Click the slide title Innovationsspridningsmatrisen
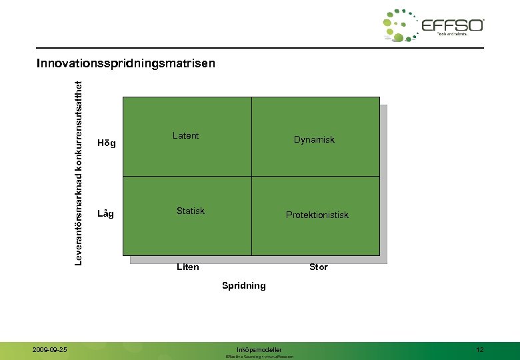[126, 64]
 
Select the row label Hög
[106, 143]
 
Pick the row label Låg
[105, 214]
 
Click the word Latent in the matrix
[185, 135]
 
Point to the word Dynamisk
[314, 139]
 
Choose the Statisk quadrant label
[190, 211]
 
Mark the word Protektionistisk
[317, 215]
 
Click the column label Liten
[187, 267]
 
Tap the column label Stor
[318, 267]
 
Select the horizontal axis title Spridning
[243, 285]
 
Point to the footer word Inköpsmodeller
[259, 349]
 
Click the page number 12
[480, 349]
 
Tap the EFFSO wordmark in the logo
[453, 25]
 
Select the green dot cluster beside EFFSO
[400, 25]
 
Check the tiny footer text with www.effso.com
[259, 357]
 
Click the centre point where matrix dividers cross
[251, 176]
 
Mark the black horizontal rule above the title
[260, 48]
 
